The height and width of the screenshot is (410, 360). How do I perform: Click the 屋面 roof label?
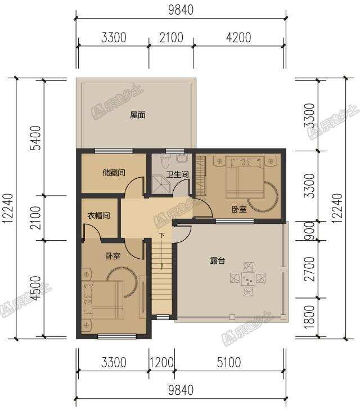coord(137,115)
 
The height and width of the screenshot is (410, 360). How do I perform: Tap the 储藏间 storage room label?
coord(114,173)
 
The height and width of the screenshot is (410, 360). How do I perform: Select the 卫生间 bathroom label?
coord(178,174)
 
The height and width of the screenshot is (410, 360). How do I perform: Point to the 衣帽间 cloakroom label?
coord(98,216)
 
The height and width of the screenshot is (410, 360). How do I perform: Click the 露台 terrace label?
coord(218,260)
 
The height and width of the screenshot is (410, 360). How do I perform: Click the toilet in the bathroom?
coord(165,161)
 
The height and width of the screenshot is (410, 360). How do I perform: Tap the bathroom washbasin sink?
coord(182,157)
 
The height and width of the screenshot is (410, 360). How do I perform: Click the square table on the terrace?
coord(248,279)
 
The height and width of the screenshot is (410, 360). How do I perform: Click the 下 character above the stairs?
coord(162,236)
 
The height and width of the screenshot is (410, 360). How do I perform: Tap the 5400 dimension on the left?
coord(36,138)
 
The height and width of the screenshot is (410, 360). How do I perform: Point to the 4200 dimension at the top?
coord(238,37)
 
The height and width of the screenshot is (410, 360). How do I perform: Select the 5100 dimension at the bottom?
coord(229,362)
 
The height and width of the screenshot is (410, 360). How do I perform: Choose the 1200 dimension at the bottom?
coord(161,362)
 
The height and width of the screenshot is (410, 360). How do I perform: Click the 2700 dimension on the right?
coord(309,269)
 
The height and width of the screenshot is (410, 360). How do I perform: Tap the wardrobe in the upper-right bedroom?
coord(201,175)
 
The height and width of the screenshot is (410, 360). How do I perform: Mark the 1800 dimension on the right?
coord(309,317)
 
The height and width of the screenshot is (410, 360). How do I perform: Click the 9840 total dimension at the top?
coord(181,10)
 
